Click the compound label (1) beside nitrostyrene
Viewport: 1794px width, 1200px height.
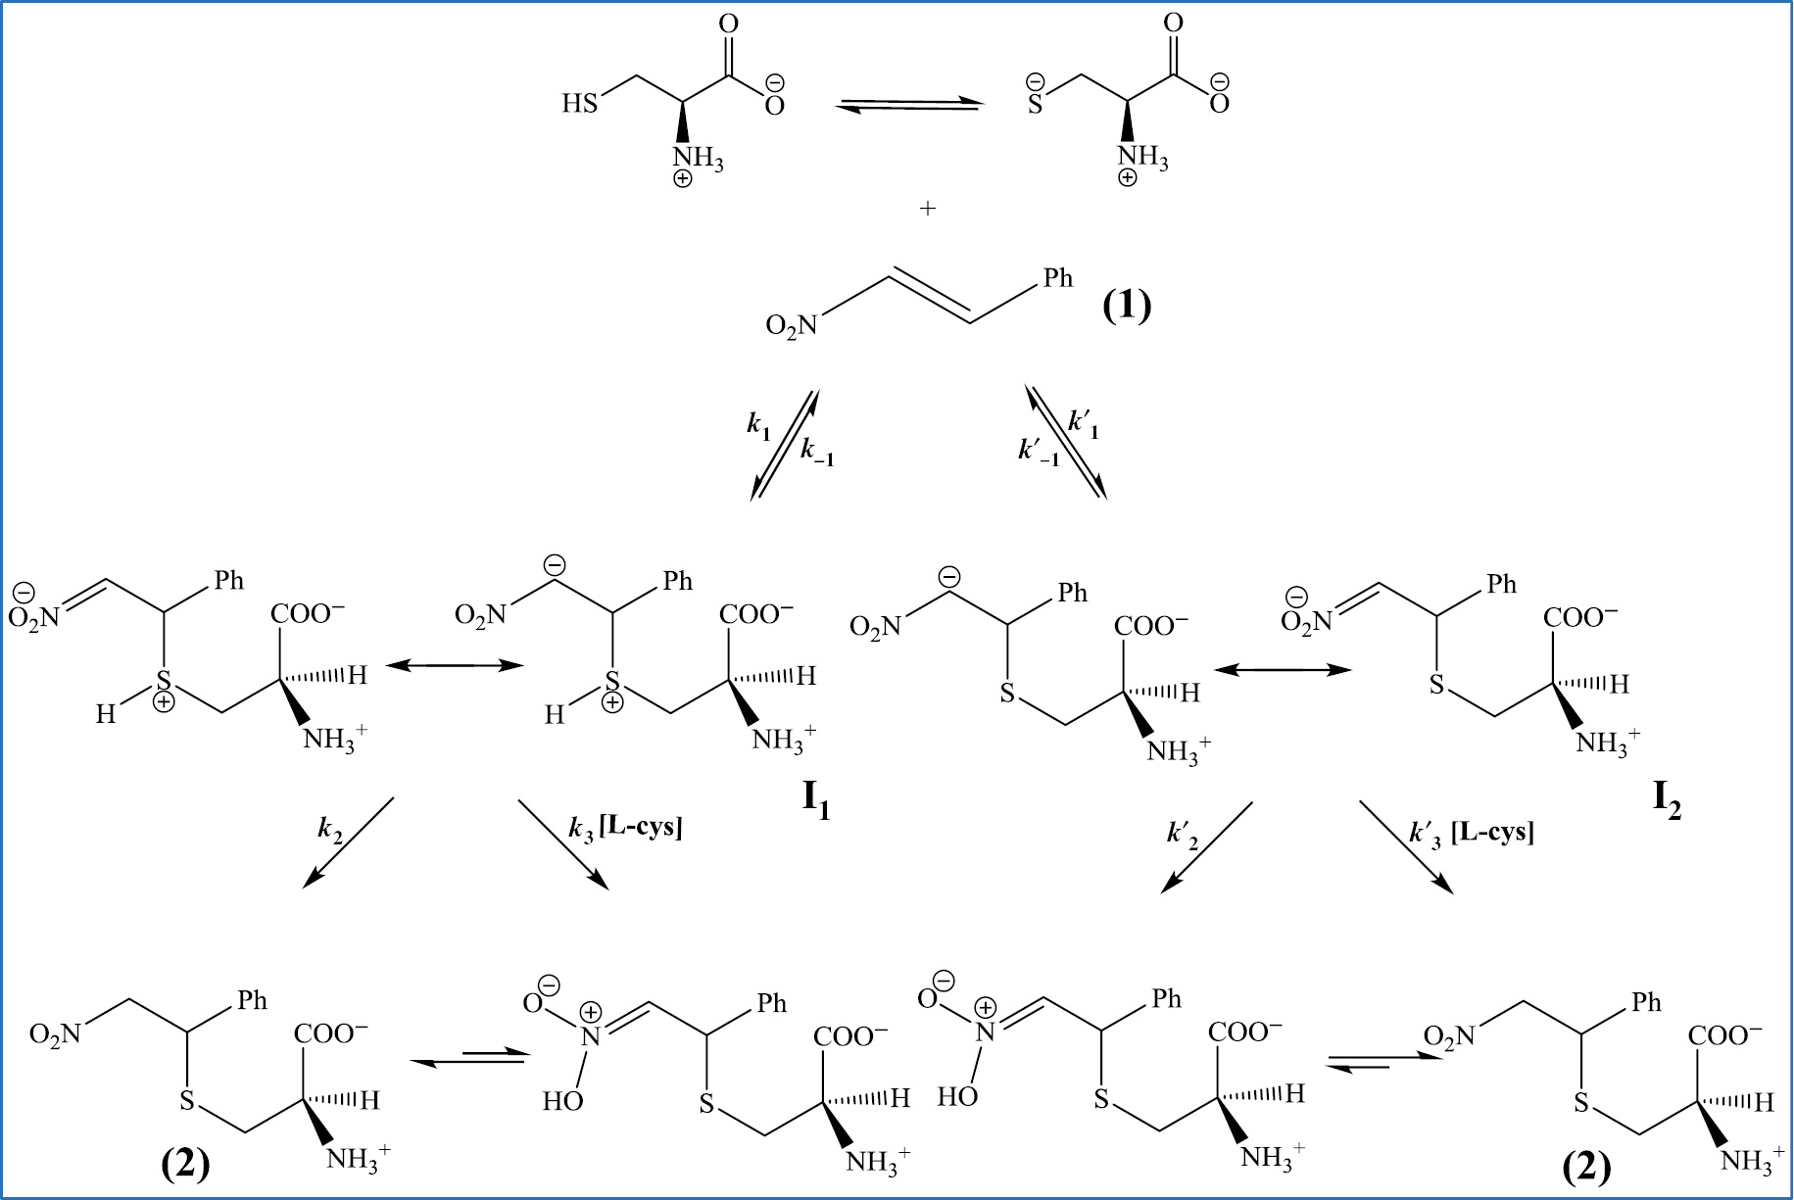click(1126, 306)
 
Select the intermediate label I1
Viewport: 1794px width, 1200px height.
click(816, 799)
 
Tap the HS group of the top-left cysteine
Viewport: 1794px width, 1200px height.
click(579, 104)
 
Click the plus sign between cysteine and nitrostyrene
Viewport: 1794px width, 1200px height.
click(927, 209)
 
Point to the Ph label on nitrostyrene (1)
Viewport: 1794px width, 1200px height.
click(1057, 278)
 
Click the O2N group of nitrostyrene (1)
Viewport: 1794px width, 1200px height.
click(791, 325)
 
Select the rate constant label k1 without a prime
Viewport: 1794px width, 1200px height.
click(758, 425)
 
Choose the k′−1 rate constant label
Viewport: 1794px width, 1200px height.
click(1039, 452)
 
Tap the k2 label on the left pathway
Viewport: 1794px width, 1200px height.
click(330, 830)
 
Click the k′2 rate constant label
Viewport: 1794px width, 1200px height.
click(1183, 835)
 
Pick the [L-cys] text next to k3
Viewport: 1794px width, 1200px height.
click(641, 827)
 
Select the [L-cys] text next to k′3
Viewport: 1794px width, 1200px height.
click(1492, 832)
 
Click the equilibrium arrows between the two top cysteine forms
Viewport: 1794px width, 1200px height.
click(909, 105)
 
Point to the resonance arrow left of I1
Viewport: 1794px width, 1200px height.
click(456, 666)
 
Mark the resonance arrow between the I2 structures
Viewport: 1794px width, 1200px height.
click(1283, 670)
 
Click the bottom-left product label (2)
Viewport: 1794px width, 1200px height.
click(185, 1165)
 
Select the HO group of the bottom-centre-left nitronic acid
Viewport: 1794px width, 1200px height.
click(563, 1101)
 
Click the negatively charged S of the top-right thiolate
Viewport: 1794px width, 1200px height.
click(1035, 101)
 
